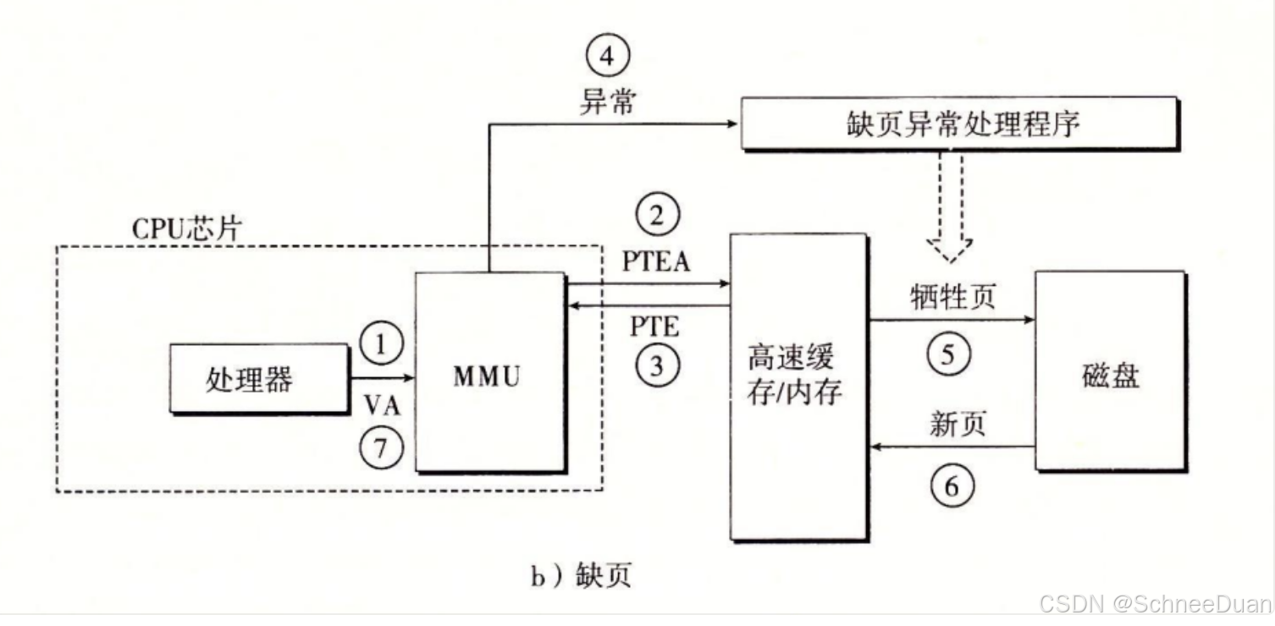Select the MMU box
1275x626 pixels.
coord(488,372)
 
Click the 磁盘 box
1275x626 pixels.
coord(1109,371)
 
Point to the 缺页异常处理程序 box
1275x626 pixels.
coord(960,124)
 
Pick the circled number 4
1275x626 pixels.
coord(608,58)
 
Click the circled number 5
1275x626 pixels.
coord(949,354)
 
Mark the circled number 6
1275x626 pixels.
coord(952,486)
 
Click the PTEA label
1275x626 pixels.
coord(656,261)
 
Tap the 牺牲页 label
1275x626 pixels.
coord(953,297)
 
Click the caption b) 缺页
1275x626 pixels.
coord(581,577)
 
